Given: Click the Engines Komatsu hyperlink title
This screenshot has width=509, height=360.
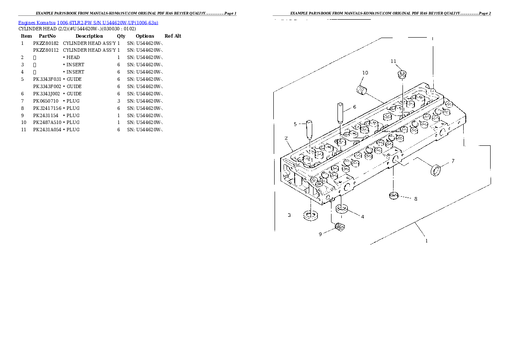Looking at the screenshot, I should [x=88, y=23].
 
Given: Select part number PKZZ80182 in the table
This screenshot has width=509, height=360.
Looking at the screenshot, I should [x=46, y=43].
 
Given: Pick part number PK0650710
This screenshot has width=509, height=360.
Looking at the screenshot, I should [x=46, y=101].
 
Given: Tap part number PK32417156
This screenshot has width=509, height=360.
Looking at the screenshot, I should [x=47, y=108].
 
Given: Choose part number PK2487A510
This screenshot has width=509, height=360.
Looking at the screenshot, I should [x=47, y=122].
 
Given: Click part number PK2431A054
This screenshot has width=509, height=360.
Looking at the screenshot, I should [x=47, y=130].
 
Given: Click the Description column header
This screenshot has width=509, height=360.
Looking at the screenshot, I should [x=89, y=36].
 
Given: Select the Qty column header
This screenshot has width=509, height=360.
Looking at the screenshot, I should [x=121, y=36].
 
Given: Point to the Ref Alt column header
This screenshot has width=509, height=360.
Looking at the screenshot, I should [x=173, y=36].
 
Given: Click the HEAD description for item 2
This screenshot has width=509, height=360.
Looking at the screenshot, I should [x=73, y=57].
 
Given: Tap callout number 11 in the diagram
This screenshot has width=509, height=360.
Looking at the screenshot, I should [x=394, y=61].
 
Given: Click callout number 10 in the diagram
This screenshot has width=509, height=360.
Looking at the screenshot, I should [x=365, y=73].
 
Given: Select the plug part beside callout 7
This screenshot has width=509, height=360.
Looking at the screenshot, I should [x=435, y=170].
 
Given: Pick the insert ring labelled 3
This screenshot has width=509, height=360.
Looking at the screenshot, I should [x=311, y=215].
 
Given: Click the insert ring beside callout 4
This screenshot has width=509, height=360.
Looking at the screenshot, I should [x=342, y=210].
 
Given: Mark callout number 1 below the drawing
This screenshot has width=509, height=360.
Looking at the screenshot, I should [x=426, y=241].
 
